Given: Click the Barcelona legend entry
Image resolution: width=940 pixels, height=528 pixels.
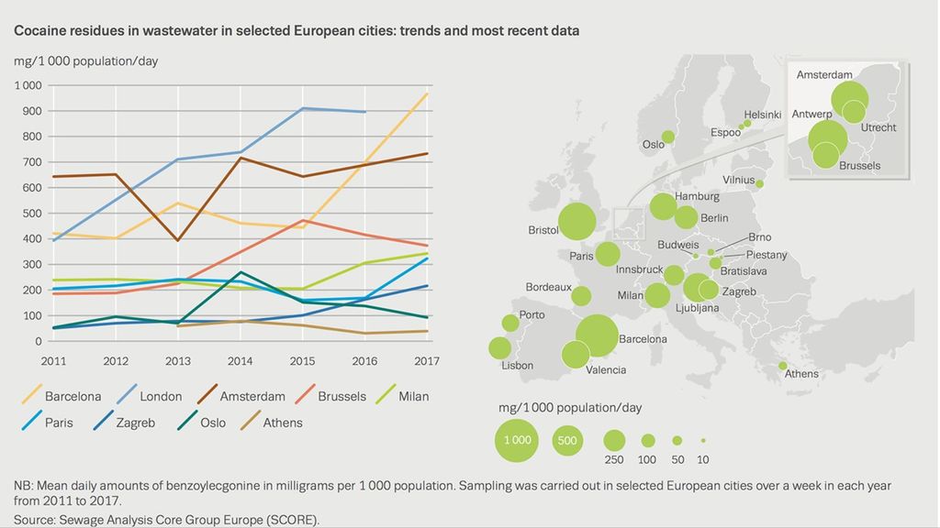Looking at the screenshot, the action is coord(62,396).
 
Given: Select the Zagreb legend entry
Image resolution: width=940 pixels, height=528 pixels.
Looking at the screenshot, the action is coord(124,422).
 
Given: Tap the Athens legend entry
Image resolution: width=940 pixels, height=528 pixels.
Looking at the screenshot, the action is coord(271,422).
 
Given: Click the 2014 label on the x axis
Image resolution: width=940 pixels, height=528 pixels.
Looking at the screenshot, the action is coord(240,361).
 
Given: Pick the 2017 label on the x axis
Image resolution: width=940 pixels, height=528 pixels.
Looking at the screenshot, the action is coord(426,361).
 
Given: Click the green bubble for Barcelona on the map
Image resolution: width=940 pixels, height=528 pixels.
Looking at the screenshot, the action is coord(597,335).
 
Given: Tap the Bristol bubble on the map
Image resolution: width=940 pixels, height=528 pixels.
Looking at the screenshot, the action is coord(576,221).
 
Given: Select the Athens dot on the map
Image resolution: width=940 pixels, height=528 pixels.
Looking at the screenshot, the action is coord(783,366).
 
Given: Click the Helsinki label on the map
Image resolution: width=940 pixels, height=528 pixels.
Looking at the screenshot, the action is coord(763,115).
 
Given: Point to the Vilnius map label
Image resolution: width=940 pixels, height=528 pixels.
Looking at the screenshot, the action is coord(739,180).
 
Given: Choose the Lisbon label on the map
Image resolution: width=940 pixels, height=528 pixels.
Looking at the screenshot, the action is coord(518,365).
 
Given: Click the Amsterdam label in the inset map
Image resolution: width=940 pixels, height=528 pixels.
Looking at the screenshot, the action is coord(824,75).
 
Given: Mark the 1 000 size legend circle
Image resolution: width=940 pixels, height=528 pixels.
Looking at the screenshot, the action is coord(517,440).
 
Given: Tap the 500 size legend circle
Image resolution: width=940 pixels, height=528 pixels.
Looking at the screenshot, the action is coord(567,441).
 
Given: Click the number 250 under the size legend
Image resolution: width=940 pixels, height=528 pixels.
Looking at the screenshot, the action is coord(614,460).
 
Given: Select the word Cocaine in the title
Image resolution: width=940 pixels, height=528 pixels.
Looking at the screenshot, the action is coord(39,30).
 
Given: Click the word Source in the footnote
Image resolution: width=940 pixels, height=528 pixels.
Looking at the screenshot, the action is coord(33,520).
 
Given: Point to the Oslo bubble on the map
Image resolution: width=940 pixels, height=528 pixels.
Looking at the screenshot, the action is coord(668,137).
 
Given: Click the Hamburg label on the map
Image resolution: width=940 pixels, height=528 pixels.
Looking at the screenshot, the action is coord(697,196).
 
